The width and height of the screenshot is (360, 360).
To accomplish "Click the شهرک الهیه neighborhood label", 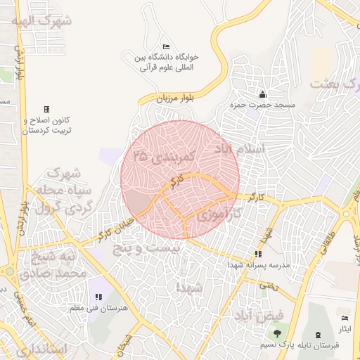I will [x=41, y=20].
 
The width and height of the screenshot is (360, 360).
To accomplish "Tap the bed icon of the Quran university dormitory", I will [x=165, y=46].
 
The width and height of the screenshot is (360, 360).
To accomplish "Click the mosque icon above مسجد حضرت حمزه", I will [x=263, y=94].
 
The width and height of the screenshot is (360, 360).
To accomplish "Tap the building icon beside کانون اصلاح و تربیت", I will [x=46, y=110].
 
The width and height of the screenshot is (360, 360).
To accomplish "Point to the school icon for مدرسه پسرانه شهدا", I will [x=258, y=254].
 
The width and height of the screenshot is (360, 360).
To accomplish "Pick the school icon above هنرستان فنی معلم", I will [x=98, y=298].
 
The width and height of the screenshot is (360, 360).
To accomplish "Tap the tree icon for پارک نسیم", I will [x=278, y=333].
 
